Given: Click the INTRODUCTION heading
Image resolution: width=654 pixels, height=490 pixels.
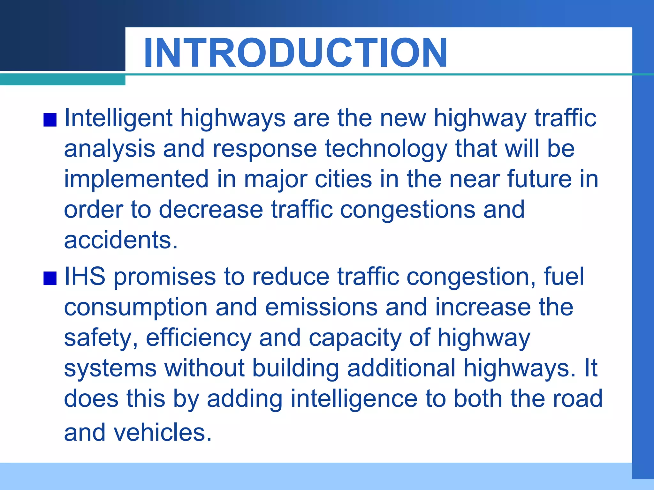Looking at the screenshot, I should [295, 53].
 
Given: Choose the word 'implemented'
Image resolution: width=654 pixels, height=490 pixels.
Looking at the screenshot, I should [136, 179].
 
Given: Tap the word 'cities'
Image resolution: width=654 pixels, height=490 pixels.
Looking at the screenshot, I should [343, 179].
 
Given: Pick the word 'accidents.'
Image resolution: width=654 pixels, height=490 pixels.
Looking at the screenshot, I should [121, 241].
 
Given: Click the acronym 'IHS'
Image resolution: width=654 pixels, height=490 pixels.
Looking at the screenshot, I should [85, 277].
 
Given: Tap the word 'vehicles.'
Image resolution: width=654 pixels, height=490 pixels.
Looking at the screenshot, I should [163, 433].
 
